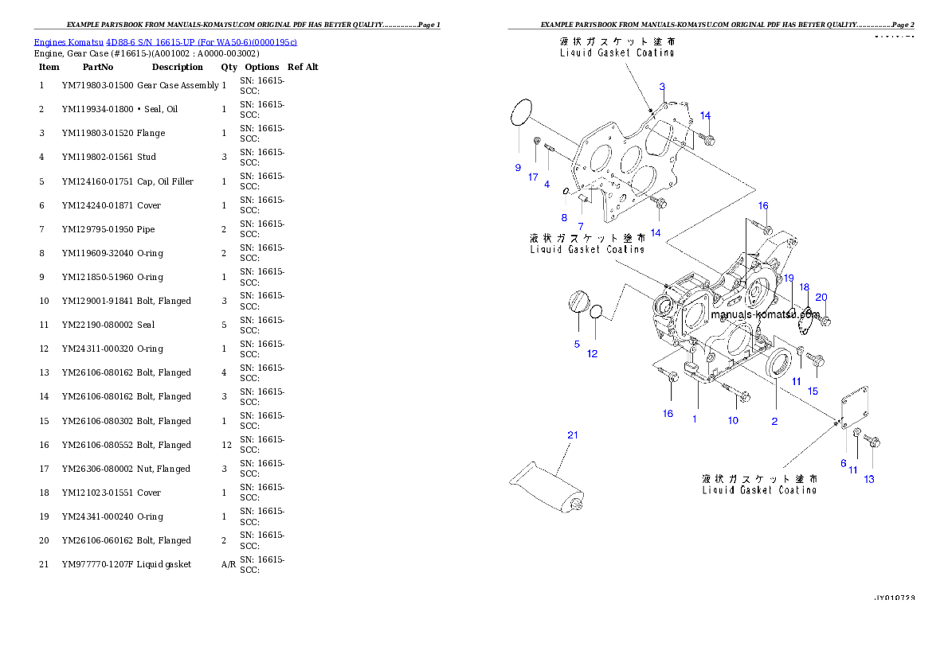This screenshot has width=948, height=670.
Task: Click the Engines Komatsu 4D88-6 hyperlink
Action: pos(165,42)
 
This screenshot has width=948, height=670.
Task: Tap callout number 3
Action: pos(662,87)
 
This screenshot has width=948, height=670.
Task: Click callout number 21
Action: pos(572,434)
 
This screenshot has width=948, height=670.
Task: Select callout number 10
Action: pos(732,420)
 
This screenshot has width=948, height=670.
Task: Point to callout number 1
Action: pos(694,419)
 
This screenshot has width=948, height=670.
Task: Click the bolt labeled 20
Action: pos(825,321)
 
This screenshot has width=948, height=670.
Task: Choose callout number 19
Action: pos(788,279)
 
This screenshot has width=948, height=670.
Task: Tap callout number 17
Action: pos(533,177)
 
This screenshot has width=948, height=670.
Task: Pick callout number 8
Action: pos(564,216)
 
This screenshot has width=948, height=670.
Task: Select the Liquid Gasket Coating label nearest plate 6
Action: pos(759,485)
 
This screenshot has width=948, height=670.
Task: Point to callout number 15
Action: pos(813,391)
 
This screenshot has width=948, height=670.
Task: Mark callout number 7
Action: pos(581,227)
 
